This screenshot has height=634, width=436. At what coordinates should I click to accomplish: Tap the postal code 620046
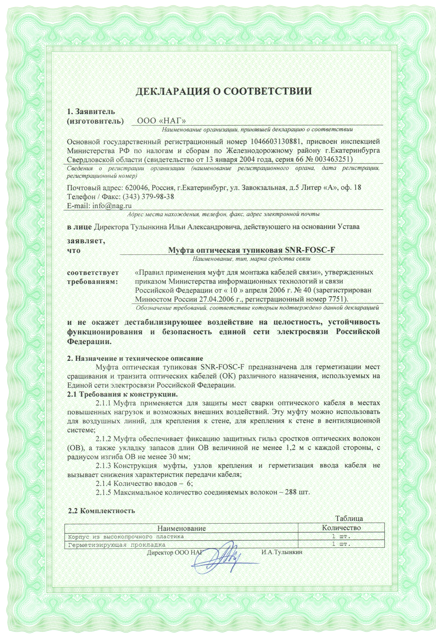coord(136,188)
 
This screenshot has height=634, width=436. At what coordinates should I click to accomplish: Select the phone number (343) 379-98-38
coord(148,197)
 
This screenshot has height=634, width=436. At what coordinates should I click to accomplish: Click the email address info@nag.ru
coord(112,205)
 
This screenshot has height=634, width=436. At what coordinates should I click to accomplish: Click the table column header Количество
coord(341,527)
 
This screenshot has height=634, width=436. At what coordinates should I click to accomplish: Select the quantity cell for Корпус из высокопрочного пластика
coord(341,536)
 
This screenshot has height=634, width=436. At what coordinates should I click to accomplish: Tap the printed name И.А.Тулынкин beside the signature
coord(282,552)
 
